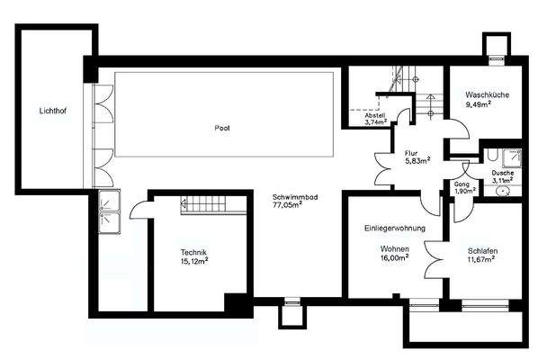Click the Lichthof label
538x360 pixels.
click(x=52, y=112)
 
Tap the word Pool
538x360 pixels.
click(x=222, y=129)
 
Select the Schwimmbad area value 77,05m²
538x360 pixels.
click(x=288, y=204)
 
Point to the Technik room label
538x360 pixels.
click(x=194, y=252)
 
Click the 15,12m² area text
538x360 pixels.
click(x=194, y=262)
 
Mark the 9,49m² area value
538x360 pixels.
click(x=478, y=104)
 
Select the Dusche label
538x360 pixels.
click(x=503, y=174)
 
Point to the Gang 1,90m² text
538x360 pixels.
click(x=464, y=187)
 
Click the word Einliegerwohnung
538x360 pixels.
click(x=394, y=229)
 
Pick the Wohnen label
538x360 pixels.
click(x=394, y=247)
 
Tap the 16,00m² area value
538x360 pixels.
click(x=394, y=256)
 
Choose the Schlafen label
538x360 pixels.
click(x=483, y=251)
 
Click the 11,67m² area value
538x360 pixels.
click(x=483, y=261)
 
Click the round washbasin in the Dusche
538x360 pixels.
click(x=502, y=189)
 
